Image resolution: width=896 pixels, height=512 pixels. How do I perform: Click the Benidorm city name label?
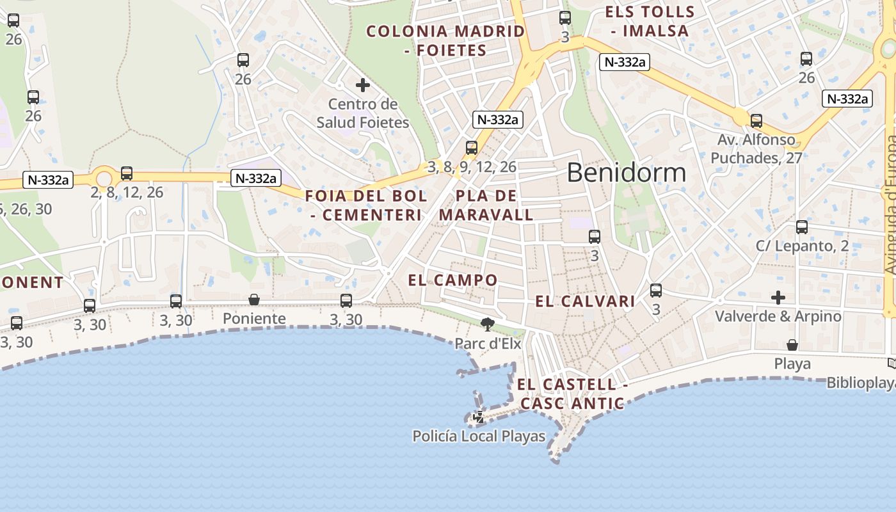pyautogui.click(x=626, y=173)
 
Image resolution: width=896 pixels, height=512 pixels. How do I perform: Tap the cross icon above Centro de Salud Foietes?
pyautogui.click(x=363, y=84)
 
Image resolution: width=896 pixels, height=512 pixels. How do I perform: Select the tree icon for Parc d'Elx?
pyautogui.click(x=488, y=324)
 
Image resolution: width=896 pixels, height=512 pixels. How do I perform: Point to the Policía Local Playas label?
pyautogui.click(x=479, y=436)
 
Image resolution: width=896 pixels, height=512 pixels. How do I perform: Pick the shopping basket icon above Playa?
pyautogui.click(x=792, y=345)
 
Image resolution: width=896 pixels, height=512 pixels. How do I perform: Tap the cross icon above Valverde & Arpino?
pyautogui.click(x=778, y=298)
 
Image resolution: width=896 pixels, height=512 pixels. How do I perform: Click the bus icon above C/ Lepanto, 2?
pyautogui.click(x=802, y=227)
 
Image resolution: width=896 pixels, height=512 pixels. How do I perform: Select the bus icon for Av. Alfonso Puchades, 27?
pyautogui.click(x=756, y=120)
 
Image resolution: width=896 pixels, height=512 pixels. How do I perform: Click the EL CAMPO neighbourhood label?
pyautogui.click(x=452, y=280)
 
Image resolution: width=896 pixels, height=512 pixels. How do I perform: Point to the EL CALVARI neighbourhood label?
pyautogui.click(x=585, y=301)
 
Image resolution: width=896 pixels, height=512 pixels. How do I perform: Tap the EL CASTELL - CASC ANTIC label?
pyautogui.click(x=572, y=394)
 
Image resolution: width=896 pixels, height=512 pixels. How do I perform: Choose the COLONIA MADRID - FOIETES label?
pyautogui.click(x=445, y=40)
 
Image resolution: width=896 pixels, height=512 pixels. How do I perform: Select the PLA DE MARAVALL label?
pyautogui.click(x=495, y=205)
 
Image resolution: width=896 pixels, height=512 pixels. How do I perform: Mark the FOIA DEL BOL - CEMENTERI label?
pyautogui.click(x=366, y=205)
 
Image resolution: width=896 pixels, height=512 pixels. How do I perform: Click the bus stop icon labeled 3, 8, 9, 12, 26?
pyautogui.click(x=472, y=148)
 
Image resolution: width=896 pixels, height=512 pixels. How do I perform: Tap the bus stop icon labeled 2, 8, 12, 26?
pyautogui.click(x=127, y=173)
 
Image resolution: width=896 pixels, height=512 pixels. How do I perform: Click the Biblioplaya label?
pyautogui.click(x=861, y=383)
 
